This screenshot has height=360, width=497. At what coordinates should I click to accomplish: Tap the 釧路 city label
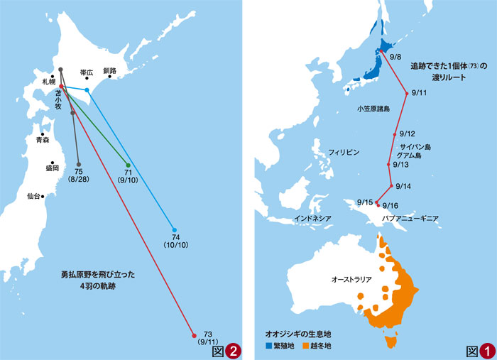109,70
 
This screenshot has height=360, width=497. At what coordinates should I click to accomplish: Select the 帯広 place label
87,72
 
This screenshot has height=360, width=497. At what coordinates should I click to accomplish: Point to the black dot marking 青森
43,133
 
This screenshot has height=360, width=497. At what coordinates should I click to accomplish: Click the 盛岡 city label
52,168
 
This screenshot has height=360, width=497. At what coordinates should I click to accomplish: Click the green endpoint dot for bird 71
128,164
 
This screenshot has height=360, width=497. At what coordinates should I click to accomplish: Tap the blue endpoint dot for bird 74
175,229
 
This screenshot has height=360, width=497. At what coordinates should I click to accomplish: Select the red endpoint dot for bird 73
194,336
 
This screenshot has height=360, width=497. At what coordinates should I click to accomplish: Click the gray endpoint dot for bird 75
79,164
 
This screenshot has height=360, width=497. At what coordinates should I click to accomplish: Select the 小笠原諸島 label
373,109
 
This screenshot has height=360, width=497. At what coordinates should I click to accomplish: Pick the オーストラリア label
351,279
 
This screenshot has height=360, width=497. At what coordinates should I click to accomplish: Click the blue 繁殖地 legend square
269,346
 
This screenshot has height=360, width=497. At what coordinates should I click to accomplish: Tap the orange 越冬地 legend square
306,346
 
